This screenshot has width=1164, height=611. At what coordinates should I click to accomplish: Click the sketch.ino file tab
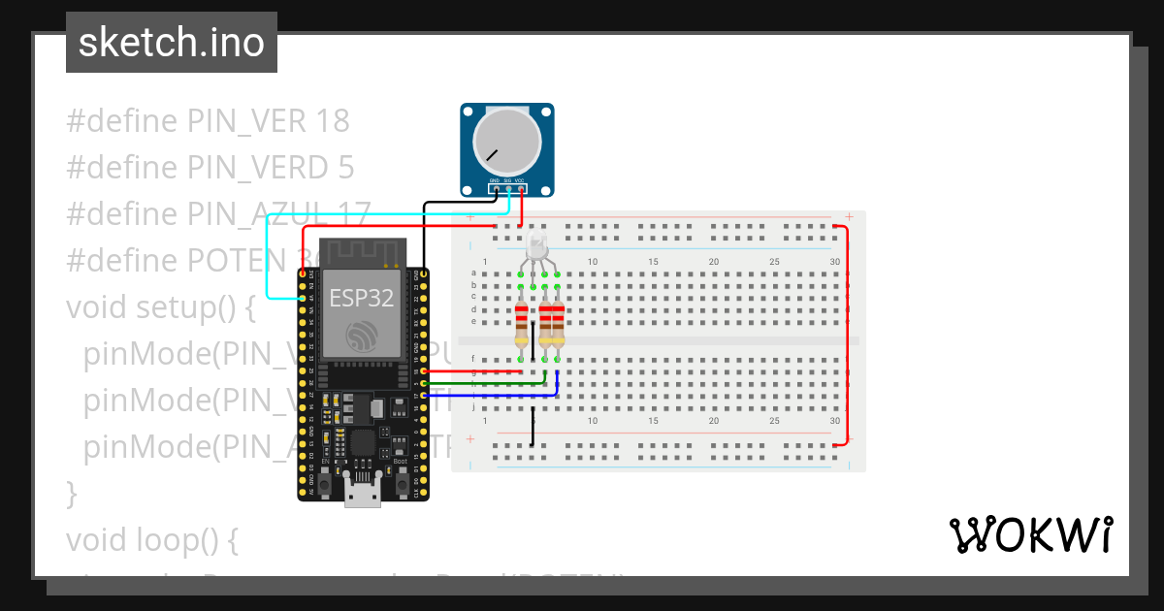point(172,43)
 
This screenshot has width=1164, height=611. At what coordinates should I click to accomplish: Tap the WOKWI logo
point(1030,534)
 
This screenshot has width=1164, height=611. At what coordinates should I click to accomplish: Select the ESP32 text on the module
point(361,298)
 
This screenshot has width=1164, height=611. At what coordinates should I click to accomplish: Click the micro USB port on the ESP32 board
point(362,494)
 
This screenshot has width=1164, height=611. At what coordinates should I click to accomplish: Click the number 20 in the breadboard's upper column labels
point(713,262)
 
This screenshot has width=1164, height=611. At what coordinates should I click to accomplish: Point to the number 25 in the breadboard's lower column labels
point(774,422)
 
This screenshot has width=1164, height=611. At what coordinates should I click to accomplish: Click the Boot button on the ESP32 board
point(401,482)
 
